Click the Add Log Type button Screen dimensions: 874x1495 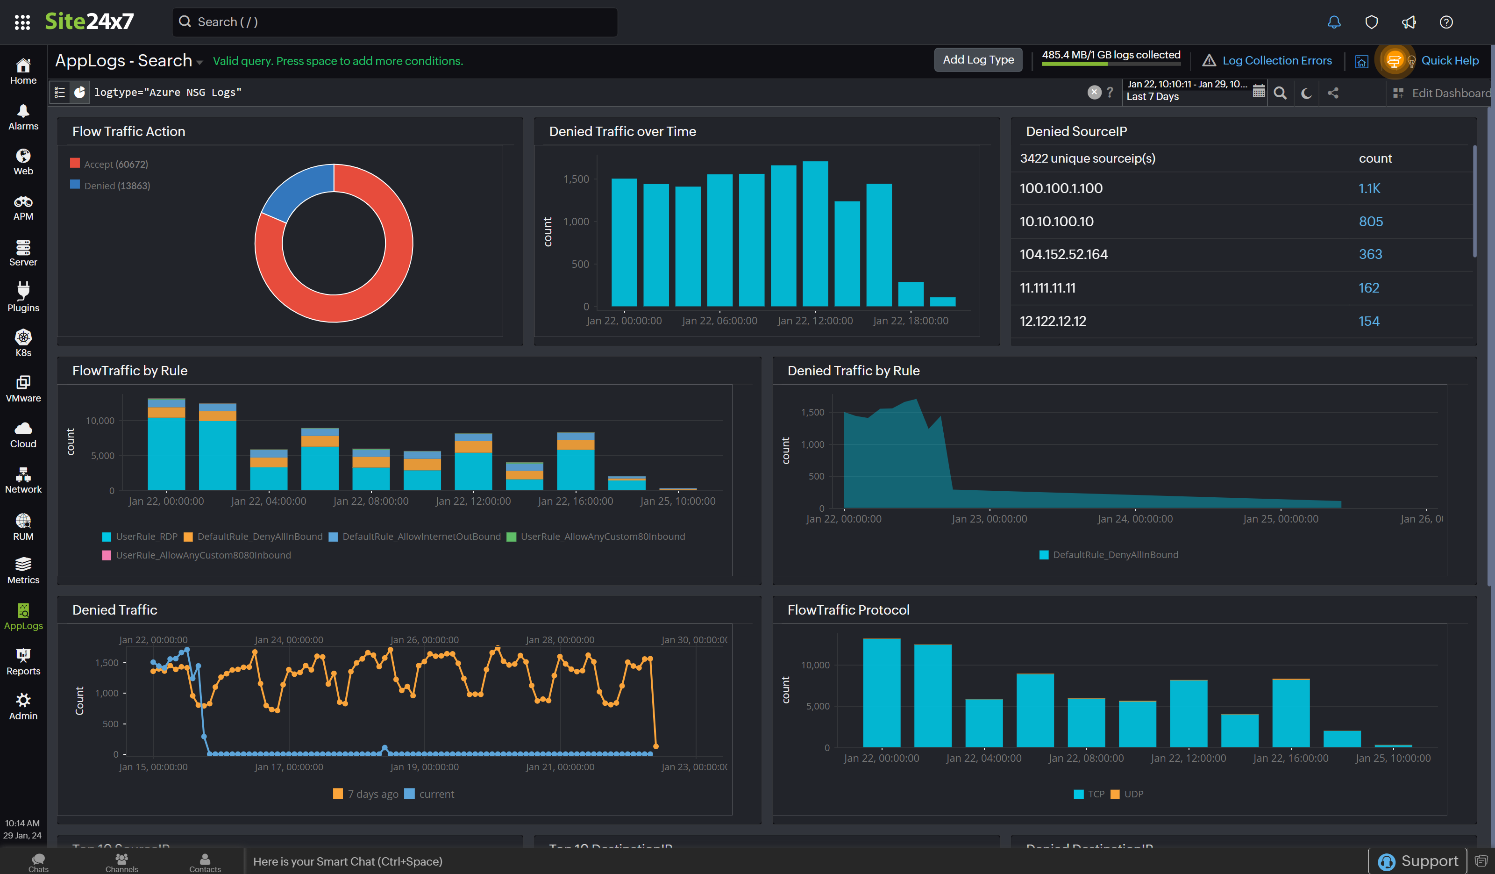pyautogui.click(x=978, y=60)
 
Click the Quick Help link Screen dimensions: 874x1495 pyautogui.click(x=1449, y=60)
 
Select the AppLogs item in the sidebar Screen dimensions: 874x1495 pyautogui.click(x=23, y=616)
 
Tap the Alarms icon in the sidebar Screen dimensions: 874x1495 pyautogui.click(x=23, y=117)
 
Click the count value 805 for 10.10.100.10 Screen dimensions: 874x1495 pyautogui.click(x=1370, y=222)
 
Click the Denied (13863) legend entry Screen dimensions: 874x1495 pyautogui.click(x=116, y=186)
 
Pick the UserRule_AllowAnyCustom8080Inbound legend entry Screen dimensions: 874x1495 pyautogui.click(x=202, y=555)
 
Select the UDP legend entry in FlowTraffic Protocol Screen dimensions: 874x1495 pyautogui.click(x=1132, y=794)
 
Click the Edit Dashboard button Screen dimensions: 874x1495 pyautogui.click(x=1450, y=93)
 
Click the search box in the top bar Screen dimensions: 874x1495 pyautogui.click(x=394, y=22)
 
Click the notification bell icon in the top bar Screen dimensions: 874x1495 pyautogui.click(x=1334, y=22)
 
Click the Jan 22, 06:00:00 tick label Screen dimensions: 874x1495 pyautogui.click(x=719, y=321)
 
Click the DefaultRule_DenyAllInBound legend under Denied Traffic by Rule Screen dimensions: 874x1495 pyautogui.click(x=1115, y=555)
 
